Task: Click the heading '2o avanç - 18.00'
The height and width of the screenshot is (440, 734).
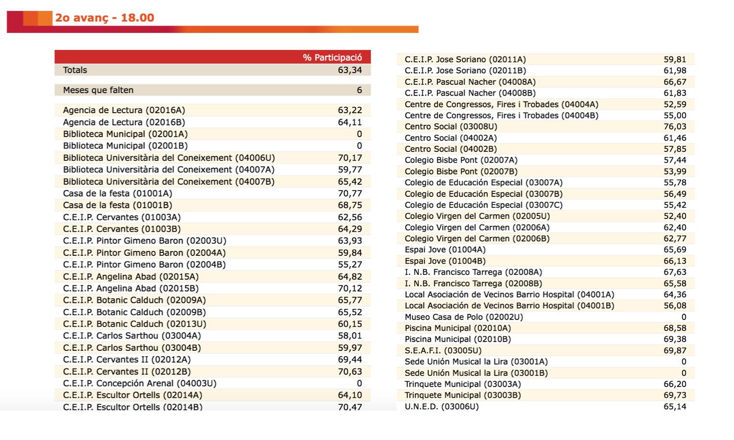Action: (104, 18)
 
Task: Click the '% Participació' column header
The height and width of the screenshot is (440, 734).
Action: (332, 57)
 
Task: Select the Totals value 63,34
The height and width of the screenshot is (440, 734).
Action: (350, 70)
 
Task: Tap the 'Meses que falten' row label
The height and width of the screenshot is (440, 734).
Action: (98, 90)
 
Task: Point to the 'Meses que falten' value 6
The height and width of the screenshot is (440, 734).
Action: (359, 90)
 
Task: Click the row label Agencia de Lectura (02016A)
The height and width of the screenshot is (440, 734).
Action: (124, 110)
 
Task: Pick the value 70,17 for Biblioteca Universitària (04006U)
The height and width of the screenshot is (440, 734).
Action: (350, 158)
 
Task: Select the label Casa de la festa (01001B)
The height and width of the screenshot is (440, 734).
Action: (118, 205)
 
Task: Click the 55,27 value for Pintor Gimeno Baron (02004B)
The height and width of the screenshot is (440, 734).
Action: (350, 265)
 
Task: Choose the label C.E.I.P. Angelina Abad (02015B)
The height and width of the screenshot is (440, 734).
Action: (131, 289)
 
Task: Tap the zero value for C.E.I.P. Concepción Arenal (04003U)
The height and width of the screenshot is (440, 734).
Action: (359, 383)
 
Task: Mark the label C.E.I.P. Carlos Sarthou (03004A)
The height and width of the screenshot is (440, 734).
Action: (132, 336)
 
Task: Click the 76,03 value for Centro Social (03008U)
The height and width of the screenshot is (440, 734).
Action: (675, 126)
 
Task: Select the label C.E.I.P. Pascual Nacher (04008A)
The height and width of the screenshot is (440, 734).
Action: (470, 82)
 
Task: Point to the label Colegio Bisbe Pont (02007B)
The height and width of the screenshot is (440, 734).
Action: (461, 171)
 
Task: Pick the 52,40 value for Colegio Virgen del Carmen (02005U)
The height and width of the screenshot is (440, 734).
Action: (675, 216)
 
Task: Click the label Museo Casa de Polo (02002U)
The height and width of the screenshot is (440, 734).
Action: (464, 317)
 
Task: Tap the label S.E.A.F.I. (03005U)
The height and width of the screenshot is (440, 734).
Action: (443, 350)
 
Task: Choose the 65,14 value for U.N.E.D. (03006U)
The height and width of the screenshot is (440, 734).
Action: (675, 406)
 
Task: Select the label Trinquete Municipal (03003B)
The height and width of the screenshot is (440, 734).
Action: (463, 395)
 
